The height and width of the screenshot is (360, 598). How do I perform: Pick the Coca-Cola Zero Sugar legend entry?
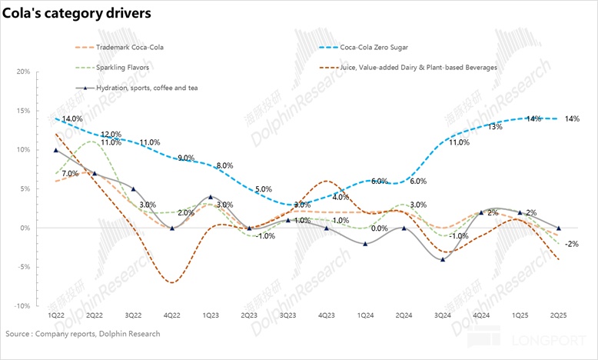(x=392, y=48)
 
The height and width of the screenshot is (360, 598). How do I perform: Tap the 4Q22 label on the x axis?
(x=172, y=315)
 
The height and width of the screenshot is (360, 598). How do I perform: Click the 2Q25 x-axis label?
(x=558, y=315)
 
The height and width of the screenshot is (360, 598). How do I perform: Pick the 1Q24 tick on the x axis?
(x=365, y=315)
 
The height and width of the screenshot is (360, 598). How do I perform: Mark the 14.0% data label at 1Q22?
(x=73, y=119)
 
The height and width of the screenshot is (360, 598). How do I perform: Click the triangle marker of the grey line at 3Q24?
(x=443, y=259)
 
